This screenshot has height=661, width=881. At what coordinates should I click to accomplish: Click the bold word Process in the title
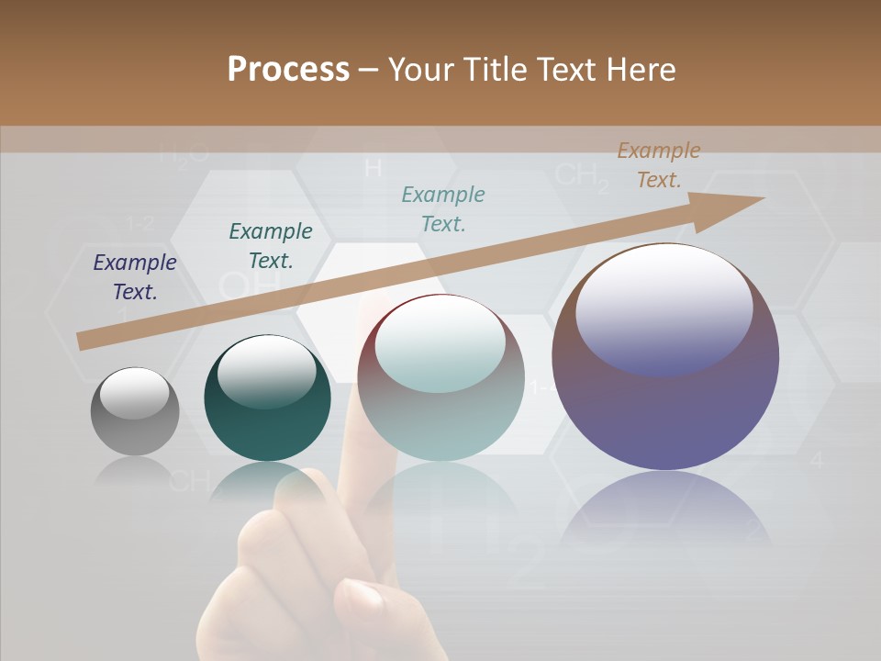click(x=288, y=70)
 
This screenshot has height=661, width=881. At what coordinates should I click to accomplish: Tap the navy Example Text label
click(x=135, y=277)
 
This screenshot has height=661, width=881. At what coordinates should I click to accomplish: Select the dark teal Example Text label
click(x=271, y=246)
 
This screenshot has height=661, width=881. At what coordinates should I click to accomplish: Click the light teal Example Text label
click(x=443, y=208)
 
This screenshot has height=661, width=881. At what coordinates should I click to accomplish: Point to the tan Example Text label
click(x=659, y=165)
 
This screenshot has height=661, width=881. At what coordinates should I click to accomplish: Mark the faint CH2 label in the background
click(x=582, y=175)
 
